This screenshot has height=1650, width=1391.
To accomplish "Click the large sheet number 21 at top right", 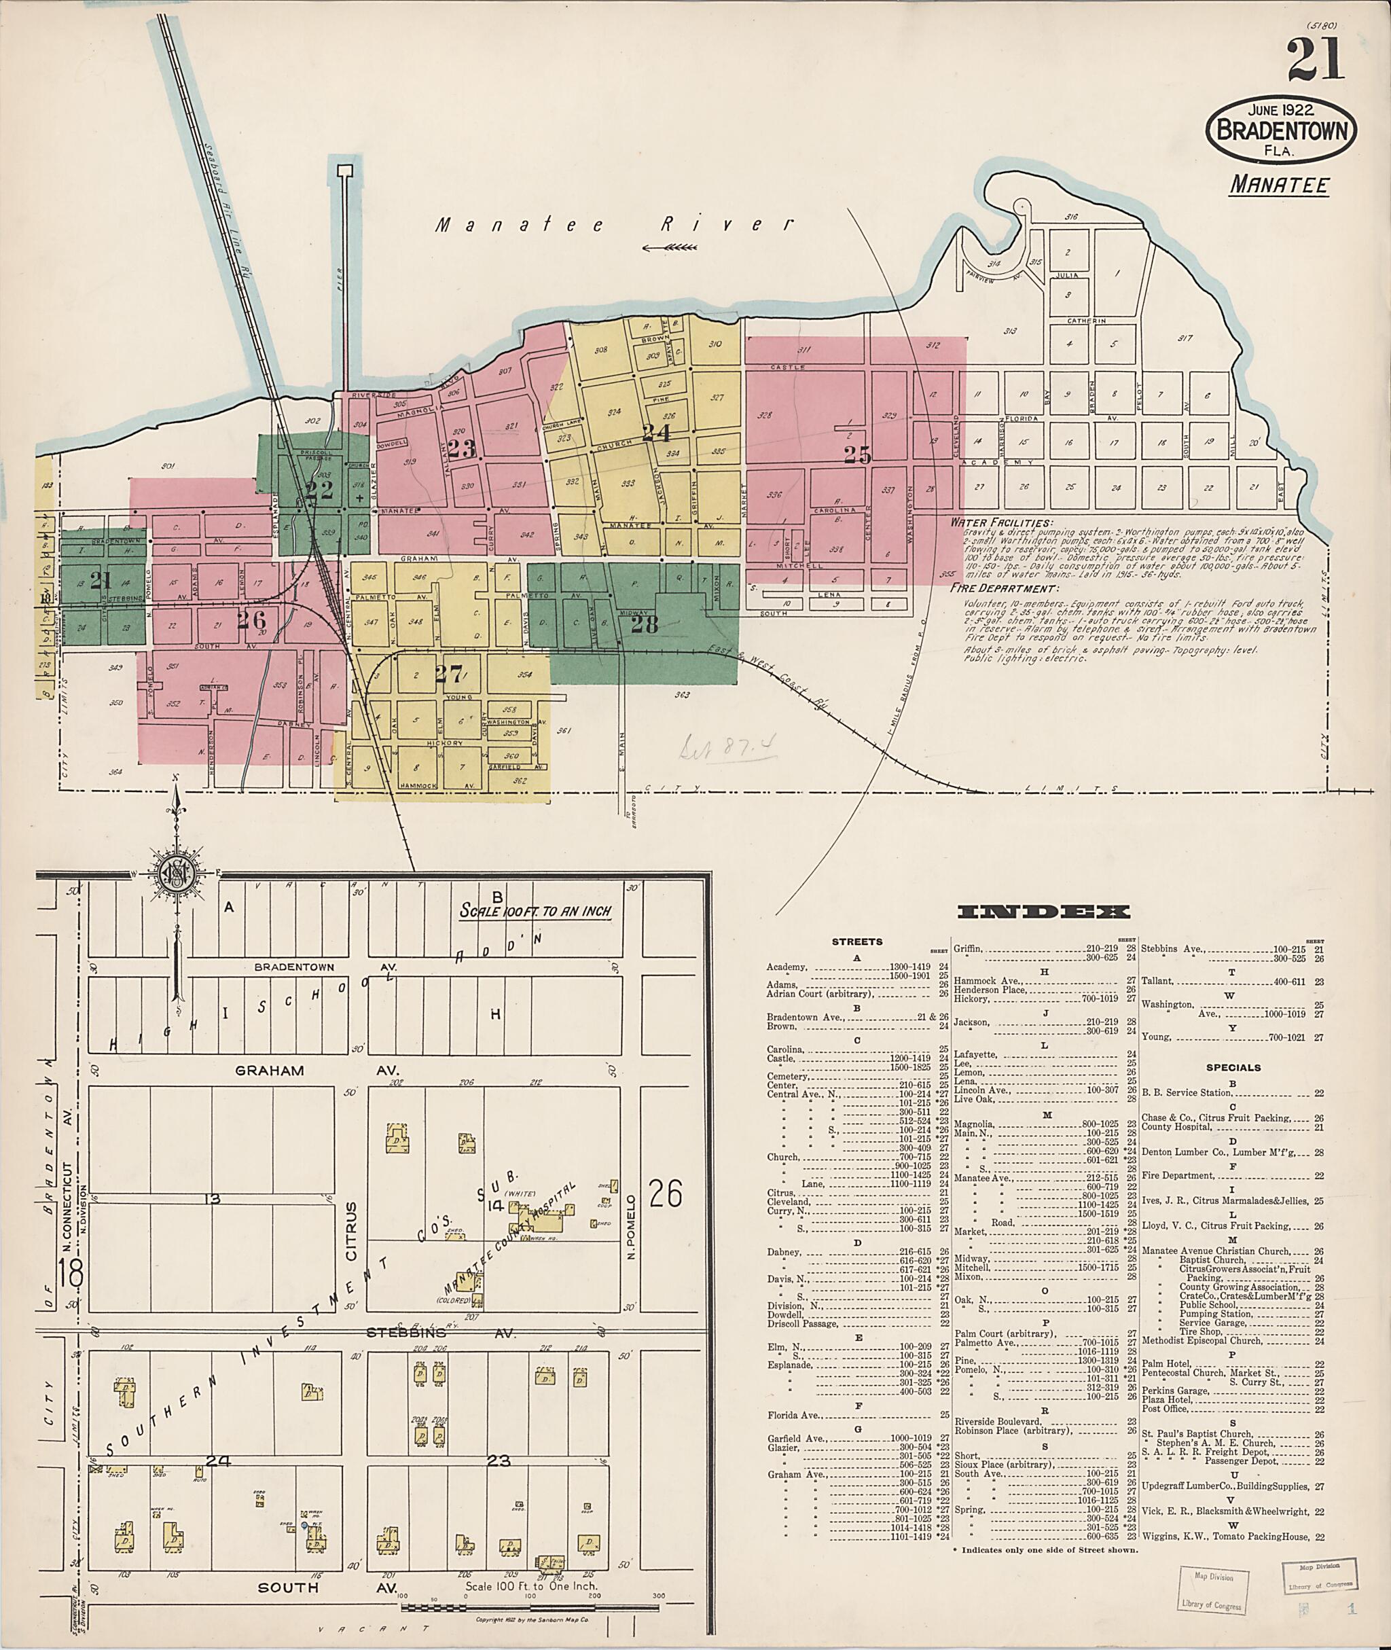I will (1316, 60).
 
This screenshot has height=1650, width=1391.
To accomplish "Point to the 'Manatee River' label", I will (615, 225).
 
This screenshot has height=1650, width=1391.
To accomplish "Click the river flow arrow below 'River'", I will (670, 248).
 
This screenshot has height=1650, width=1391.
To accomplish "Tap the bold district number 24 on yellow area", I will (655, 432).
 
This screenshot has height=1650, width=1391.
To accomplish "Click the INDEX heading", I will (1044, 912).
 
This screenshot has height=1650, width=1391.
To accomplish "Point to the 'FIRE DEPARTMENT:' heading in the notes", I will (1002, 588).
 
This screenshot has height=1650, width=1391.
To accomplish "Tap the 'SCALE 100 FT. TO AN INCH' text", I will (535, 911).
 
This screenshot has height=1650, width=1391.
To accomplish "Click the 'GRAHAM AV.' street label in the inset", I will (315, 1071).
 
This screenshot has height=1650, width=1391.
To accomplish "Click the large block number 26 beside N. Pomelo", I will (665, 1195).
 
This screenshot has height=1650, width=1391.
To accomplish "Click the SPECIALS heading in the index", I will (1233, 1068).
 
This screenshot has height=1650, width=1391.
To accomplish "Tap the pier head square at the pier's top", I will (343, 170).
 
